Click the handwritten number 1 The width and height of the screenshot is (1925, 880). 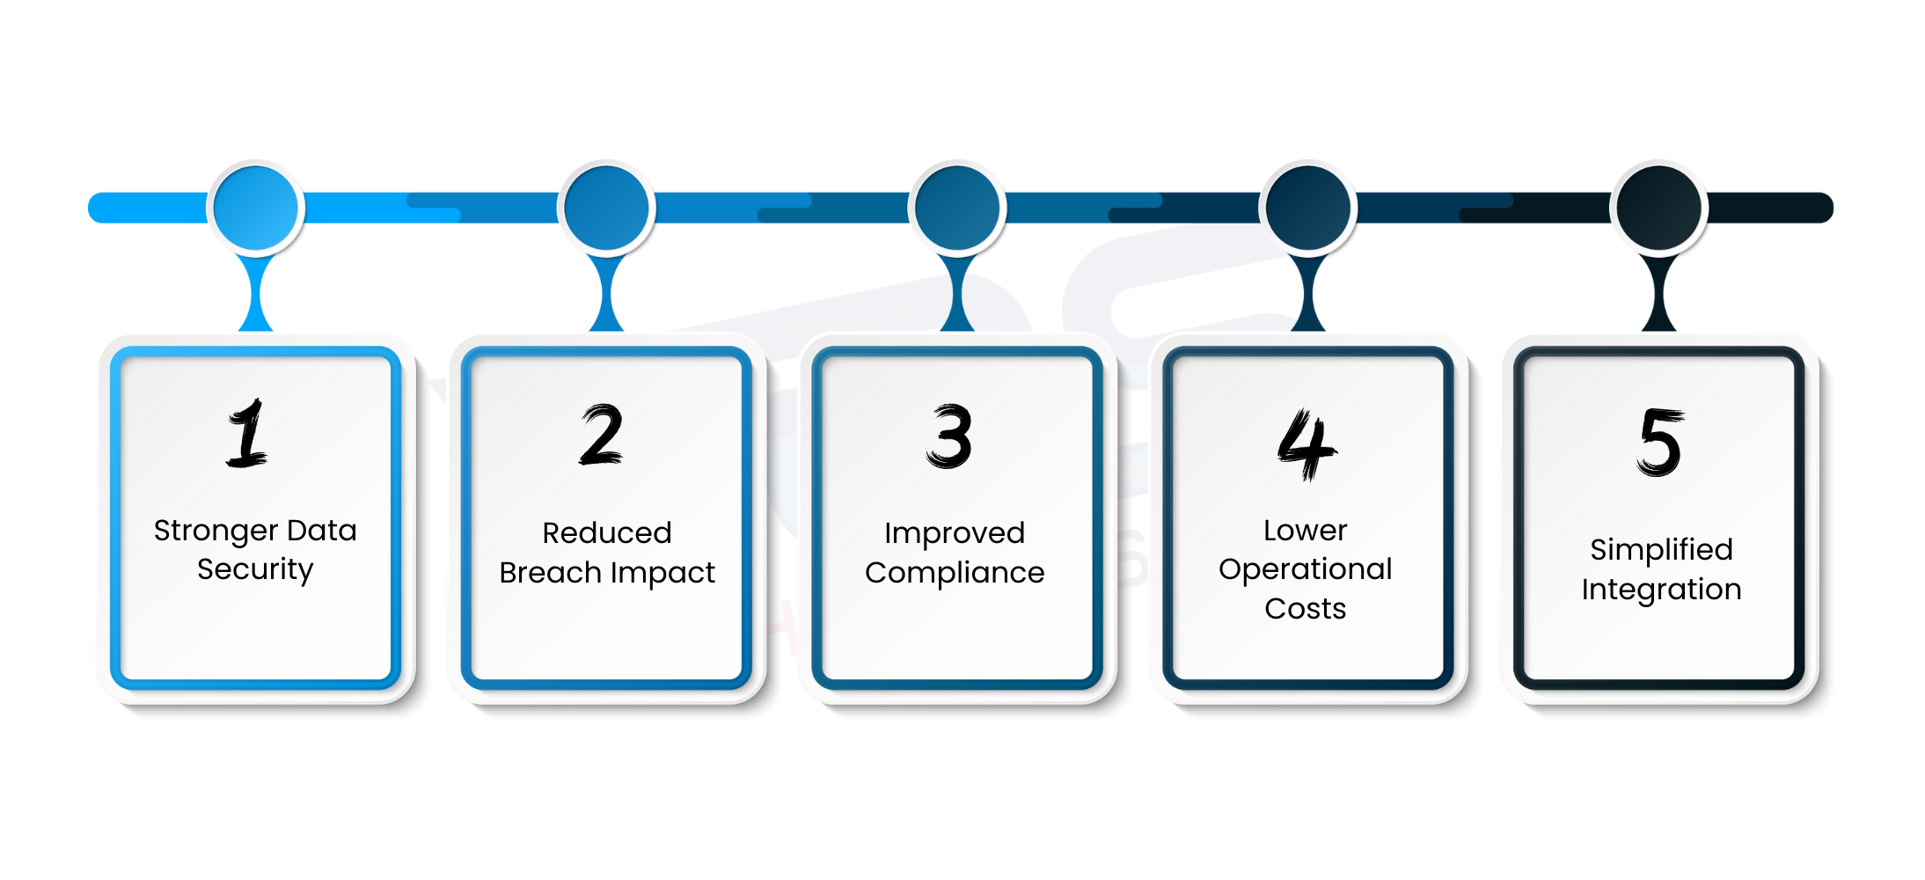(x=247, y=433)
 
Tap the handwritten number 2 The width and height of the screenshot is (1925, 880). (x=602, y=435)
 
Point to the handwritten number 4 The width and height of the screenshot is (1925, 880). (x=1306, y=444)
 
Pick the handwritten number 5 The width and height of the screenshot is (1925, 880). (x=1660, y=442)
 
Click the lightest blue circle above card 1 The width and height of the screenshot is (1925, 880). (x=256, y=209)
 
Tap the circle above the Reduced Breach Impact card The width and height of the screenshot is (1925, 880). (x=606, y=209)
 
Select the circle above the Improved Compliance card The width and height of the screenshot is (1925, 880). (x=957, y=209)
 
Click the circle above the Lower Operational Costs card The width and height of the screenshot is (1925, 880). (x=1308, y=209)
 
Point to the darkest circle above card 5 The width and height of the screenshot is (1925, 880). (x=1659, y=209)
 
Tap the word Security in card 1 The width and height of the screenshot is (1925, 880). (x=255, y=569)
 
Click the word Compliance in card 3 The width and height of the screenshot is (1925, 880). (x=955, y=573)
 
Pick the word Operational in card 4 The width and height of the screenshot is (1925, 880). (x=1306, y=569)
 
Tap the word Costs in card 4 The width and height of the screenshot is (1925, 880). (x=1306, y=609)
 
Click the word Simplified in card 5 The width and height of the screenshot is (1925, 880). (x=1661, y=550)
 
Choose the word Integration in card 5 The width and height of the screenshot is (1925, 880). (x=1661, y=590)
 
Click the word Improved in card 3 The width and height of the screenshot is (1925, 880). (x=955, y=533)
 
